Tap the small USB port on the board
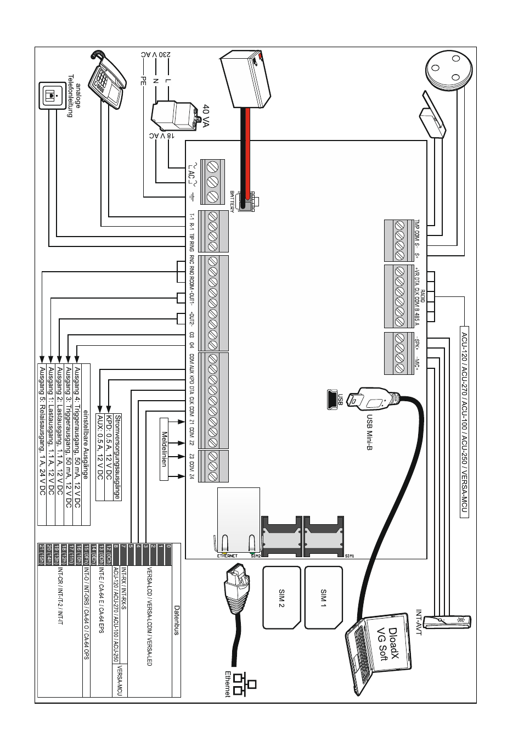(x=331, y=400)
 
